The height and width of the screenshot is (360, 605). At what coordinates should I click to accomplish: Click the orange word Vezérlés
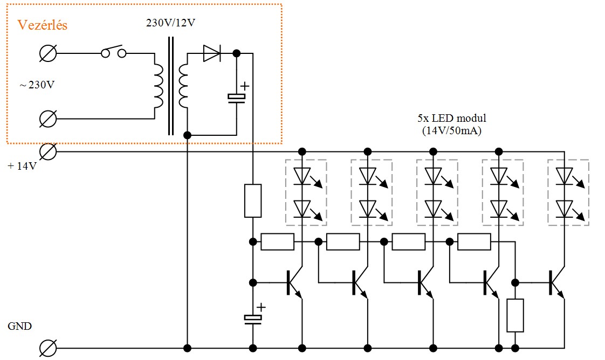pyautogui.click(x=43, y=25)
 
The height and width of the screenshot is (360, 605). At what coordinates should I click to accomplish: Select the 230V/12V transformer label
pyautogui.click(x=170, y=23)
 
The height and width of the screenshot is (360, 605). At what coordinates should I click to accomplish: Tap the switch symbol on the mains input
pyautogui.click(x=114, y=52)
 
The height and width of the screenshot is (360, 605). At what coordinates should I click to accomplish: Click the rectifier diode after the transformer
pyautogui.click(x=212, y=53)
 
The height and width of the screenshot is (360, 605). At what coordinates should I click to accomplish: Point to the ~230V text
pyautogui.click(x=37, y=85)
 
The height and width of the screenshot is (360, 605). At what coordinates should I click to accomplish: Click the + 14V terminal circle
pyautogui.click(x=48, y=151)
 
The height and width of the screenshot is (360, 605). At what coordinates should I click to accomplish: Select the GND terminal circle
pyautogui.click(x=48, y=348)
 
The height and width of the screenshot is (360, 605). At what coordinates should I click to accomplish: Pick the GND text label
pyautogui.click(x=19, y=326)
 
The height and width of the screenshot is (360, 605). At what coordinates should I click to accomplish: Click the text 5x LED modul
pyautogui.click(x=452, y=118)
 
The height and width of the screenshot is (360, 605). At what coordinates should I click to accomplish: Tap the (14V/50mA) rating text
pyautogui.click(x=452, y=130)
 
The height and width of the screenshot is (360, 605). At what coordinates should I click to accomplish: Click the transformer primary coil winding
pyautogui.click(x=159, y=86)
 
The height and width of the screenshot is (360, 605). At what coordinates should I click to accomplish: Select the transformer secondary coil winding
pyautogui.click(x=183, y=86)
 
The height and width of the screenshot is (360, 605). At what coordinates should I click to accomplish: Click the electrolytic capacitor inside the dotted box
pyautogui.click(x=237, y=98)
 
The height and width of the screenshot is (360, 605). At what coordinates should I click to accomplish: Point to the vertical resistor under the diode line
pyautogui.click(x=253, y=201)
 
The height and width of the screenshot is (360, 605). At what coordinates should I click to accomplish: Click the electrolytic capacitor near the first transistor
pyautogui.click(x=253, y=318)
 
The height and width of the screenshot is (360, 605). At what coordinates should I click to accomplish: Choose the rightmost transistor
pyautogui.click(x=556, y=283)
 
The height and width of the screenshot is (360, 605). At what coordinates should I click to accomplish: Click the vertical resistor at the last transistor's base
pyautogui.click(x=515, y=315)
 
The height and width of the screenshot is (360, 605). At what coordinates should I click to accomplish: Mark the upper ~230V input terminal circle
pyautogui.click(x=48, y=53)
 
